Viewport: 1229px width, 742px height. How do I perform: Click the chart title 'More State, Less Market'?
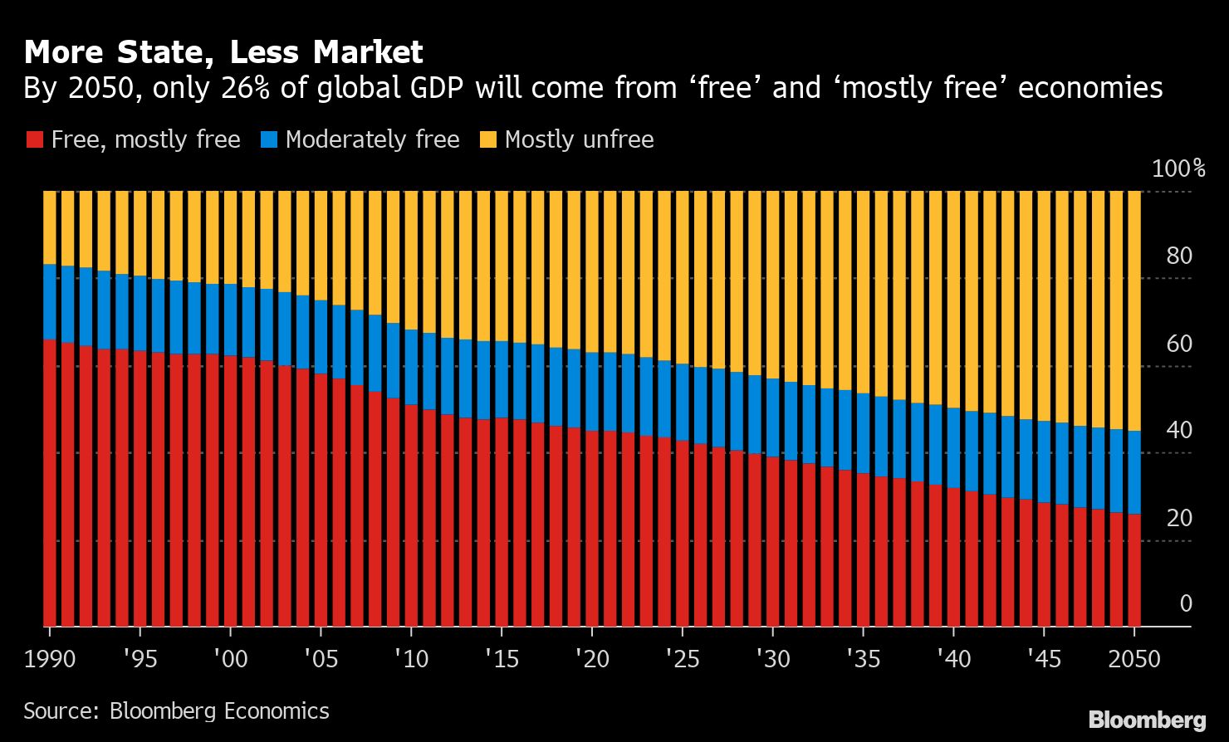coord(223,52)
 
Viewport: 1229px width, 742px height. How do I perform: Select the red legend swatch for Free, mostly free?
coord(33,139)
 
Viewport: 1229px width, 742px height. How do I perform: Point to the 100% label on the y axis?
coord(1178,169)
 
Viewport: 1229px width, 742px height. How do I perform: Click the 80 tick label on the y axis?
coord(1178,256)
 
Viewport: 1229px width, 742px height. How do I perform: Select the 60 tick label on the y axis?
coord(1178,344)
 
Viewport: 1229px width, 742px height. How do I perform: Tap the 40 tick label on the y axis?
coord(1178,431)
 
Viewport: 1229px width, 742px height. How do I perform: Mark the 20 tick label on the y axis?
coord(1178,518)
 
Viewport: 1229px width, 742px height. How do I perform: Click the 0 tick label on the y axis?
coord(1185,604)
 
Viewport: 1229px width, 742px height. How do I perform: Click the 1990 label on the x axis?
coord(50,659)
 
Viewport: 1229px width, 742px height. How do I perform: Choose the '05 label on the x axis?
coord(320,659)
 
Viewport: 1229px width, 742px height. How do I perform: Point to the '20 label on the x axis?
coord(590,659)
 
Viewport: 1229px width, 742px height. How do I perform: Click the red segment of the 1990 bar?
coord(50,481)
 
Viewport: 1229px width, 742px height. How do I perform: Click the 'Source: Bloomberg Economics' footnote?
coord(176,711)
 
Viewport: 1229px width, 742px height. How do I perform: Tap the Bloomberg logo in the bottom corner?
coord(1147,719)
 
